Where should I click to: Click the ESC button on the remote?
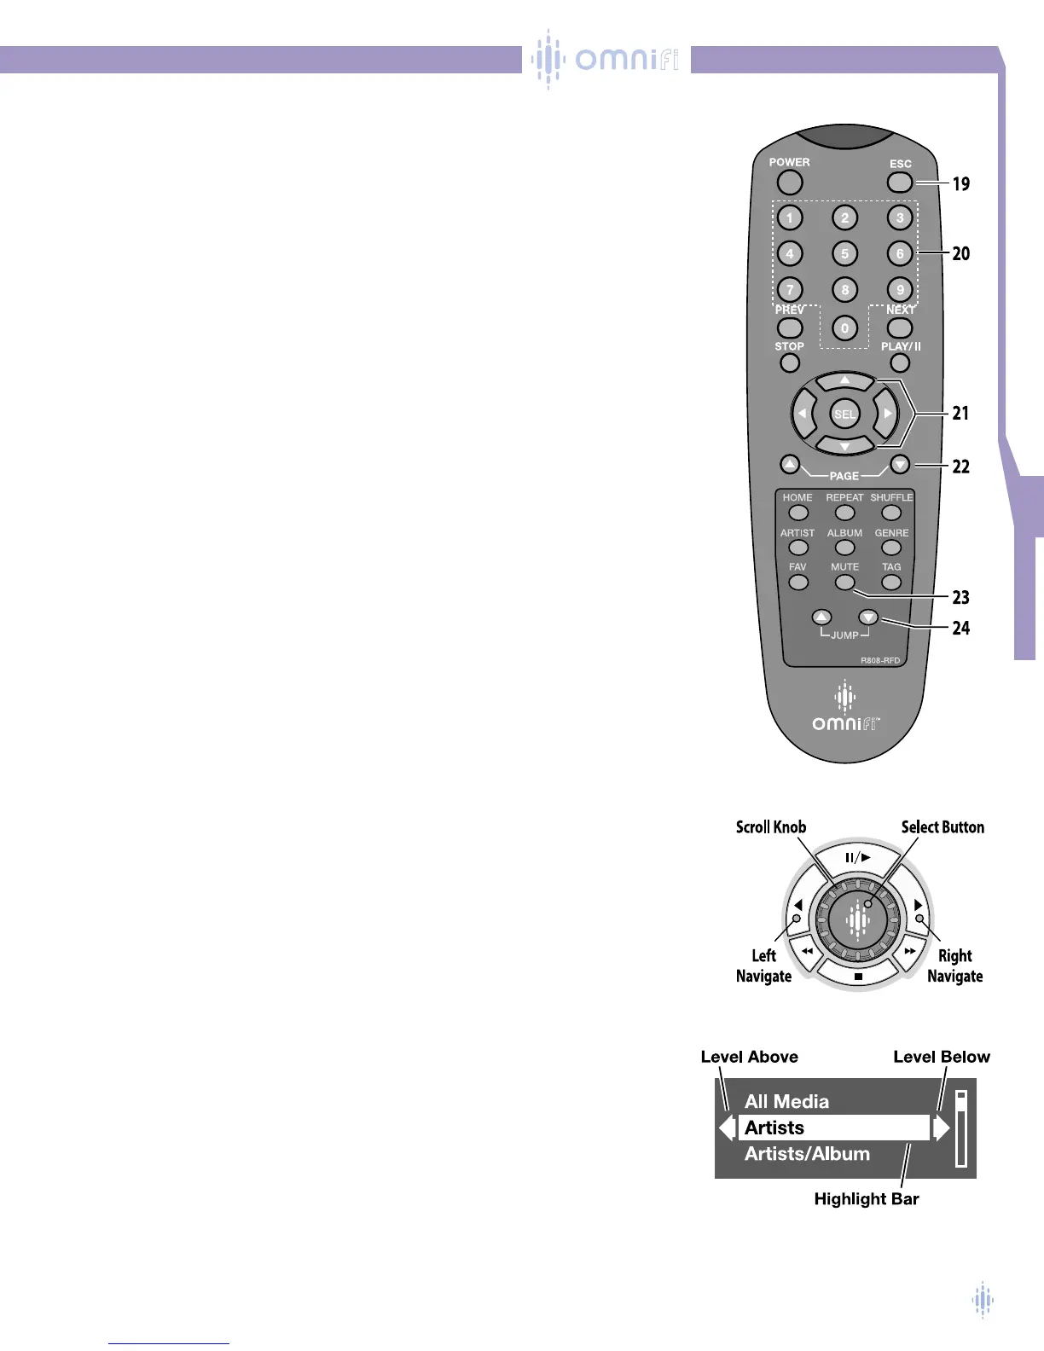click(899, 182)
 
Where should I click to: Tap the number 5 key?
click(844, 253)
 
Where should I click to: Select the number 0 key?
click(844, 328)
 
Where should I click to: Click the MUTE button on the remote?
click(844, 583)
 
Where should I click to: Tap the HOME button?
click(798, 513)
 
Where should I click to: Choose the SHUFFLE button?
click(891, 513)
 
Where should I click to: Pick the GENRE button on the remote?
click(891, 548)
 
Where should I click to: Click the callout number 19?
click(960, 183)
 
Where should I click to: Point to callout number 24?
click(960, 629)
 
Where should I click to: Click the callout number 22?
click(960, 467)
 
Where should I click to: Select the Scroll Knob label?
click(770, 826)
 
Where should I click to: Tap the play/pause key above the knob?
click(857, 857)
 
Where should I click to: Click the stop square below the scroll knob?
click(858, 977)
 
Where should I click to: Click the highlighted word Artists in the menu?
click(774, 1128)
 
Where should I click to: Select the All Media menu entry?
click(786, 1101)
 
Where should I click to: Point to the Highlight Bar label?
click(866, 1198)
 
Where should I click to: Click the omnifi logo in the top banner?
click(606, 59)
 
